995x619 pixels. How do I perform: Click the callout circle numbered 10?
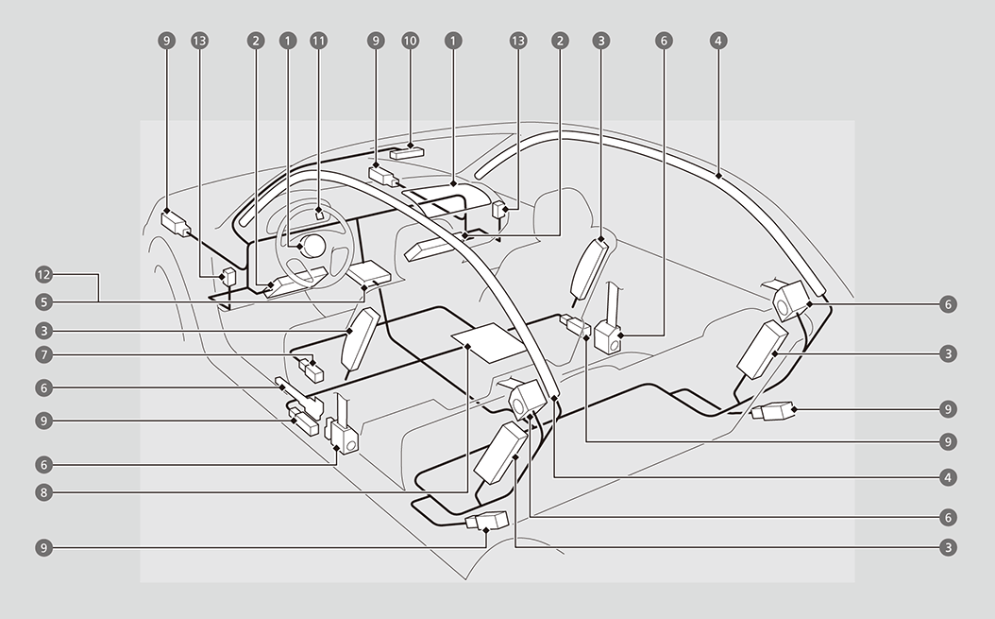[x=410, y=41]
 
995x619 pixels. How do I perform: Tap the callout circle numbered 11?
[x=318, y=41]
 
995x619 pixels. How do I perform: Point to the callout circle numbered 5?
[x=42, y=302]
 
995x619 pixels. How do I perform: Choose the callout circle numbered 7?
[x=42, y=355]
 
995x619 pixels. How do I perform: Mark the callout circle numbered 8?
[x=42, y=491]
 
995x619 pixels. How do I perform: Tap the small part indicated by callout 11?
[x=319, y=214]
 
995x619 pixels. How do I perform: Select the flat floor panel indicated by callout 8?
[x=488, y=339]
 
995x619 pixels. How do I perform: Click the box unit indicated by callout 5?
[x=368, y=273]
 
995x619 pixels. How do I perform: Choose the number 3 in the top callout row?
[x=599, y=41]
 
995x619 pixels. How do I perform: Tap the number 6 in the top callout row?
[x=665, y=41]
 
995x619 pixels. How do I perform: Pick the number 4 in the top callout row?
[x=719, y=41]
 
